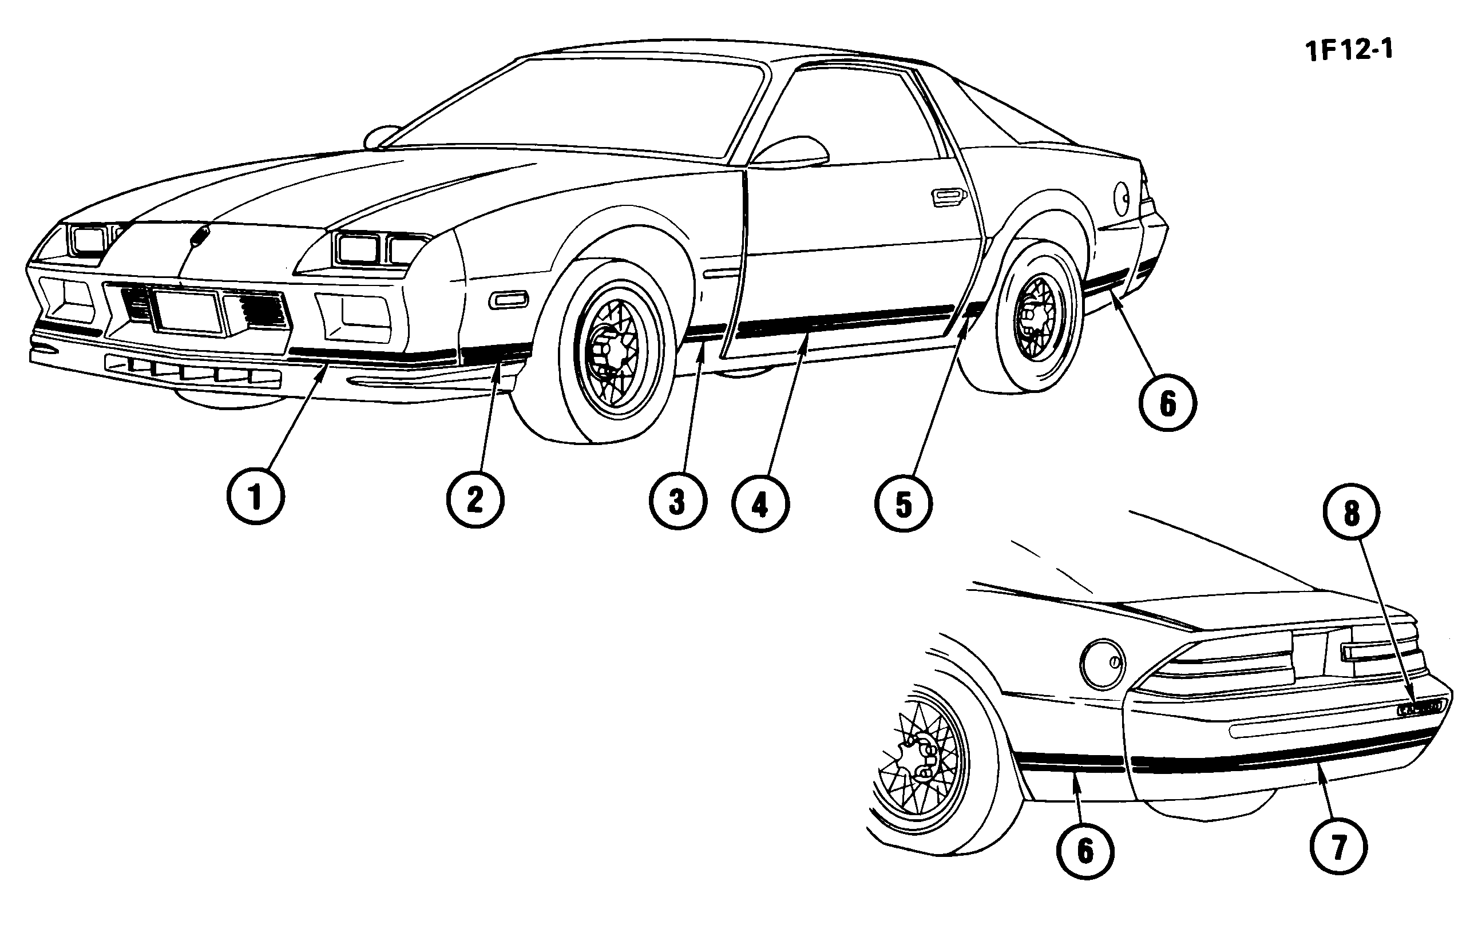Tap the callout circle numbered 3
pyautogui.click(x=677, y=501)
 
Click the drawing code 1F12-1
pyautogui.click(x=1349, y=50)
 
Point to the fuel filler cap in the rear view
pyautogui.click(x=1103, y=664)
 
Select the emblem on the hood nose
pyautogui.click(x=200, y=236)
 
